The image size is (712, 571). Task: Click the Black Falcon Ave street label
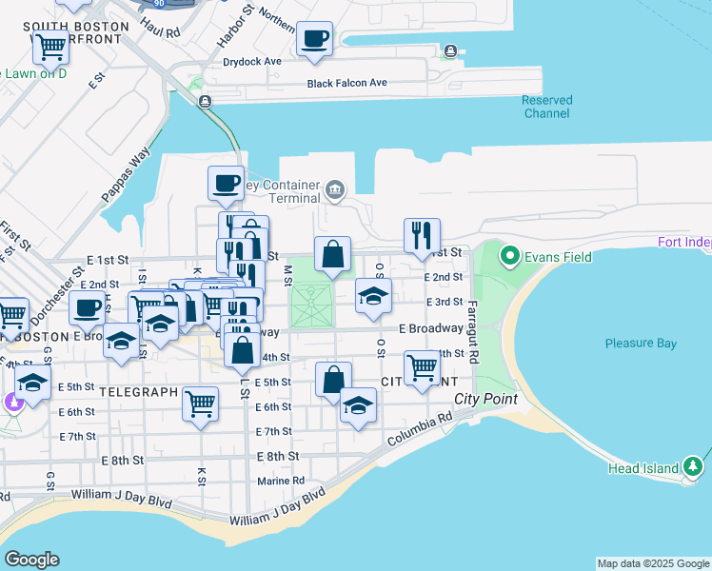tap(346, 84)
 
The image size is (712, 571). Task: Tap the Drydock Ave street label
tap(251, 62)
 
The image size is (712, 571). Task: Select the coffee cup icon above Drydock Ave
tap(314, 40)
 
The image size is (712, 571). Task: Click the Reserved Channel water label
tap(547, 107)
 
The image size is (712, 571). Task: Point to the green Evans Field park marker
tap(509, 256)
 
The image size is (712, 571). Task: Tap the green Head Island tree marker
tap(693, 466)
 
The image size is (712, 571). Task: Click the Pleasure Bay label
tap(640, 343)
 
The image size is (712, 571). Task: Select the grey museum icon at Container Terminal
tap(334, 190)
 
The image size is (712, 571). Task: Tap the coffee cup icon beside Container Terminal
tap(226, 183)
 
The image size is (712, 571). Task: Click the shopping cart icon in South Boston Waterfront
tap(49, 44)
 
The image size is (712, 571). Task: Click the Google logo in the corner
tap(31, 560)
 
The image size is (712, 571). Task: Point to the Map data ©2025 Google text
tap(652, 563)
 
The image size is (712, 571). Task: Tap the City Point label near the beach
tap(485, 399)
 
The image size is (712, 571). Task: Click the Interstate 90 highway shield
tap(157, 4)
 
